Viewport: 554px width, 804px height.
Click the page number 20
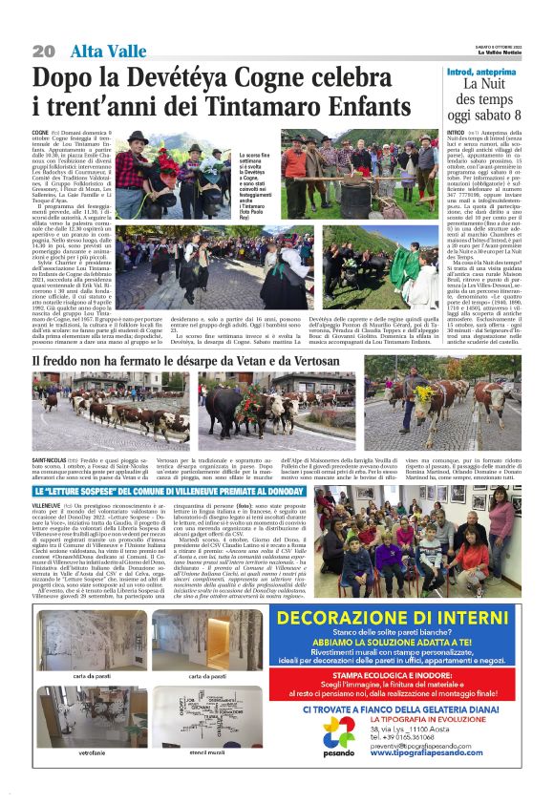click(x=43, y=50)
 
